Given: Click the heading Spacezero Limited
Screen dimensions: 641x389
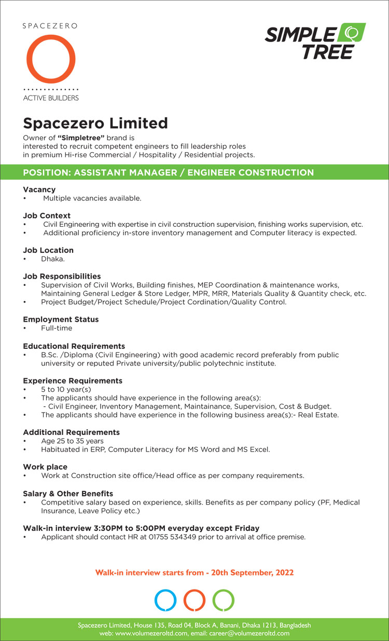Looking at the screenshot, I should click(x=95, y=124).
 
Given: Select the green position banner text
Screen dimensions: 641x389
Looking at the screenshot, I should click(x=169, y=172).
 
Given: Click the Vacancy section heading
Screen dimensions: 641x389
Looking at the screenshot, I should click(x=39, y=189).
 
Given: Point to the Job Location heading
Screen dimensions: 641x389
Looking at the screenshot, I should click(x=48, y=250).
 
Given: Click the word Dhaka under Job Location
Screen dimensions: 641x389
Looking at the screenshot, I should click(x=52, y=258).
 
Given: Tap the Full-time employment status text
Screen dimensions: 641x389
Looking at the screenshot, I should click(x=57, y=328).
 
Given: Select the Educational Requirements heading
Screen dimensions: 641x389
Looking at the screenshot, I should click(x=74, y=346).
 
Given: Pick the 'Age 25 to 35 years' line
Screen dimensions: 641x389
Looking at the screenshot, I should click(x=72, y=441).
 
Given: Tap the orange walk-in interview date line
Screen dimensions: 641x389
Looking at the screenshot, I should click(x=195, y=572).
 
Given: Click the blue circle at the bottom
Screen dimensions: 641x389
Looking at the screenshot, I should click(x=166, y=600).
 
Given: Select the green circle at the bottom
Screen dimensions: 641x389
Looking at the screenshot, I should click(x=224, y=600).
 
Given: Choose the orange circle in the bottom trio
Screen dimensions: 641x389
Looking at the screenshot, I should click(x=195, y=600).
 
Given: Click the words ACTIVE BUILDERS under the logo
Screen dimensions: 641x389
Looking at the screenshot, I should click(x=51, y=98).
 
